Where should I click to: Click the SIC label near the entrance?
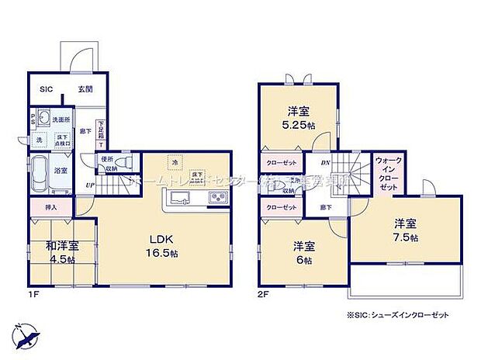(47, 89)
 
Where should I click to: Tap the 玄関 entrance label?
(85, 89)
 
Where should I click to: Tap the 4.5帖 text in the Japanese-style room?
(62, 259)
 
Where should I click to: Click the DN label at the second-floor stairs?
(326, 163)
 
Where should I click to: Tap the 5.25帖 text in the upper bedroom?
(299, 124)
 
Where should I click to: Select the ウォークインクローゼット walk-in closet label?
(387, 175)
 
